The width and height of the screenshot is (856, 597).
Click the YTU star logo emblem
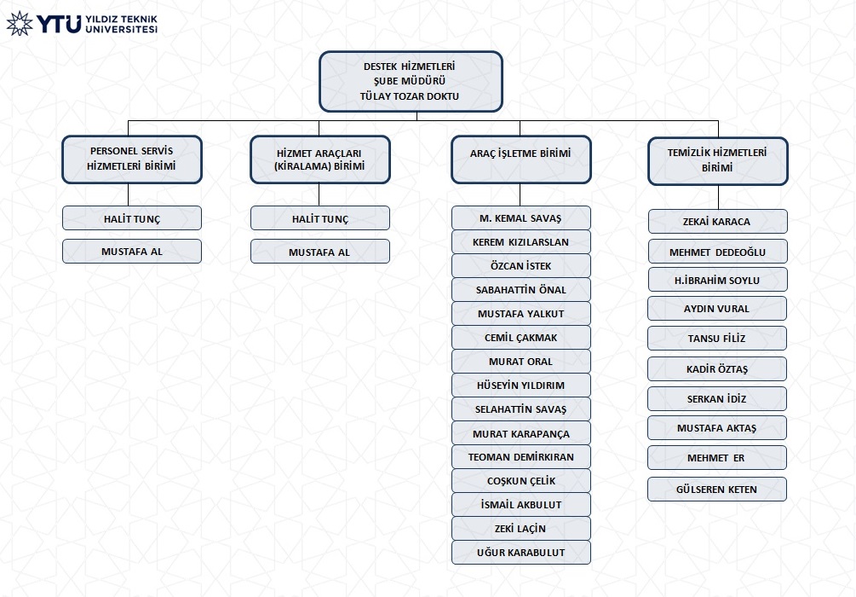(x=20, y=23)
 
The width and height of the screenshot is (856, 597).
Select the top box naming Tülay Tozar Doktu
(x=411, y=82)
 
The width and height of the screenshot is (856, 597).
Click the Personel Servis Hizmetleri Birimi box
(x=131, y=159)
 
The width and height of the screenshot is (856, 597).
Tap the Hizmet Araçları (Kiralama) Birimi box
(x=320, y=159)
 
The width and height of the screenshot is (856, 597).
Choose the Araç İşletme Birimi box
(x=520, y=159)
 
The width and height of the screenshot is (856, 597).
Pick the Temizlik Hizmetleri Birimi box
(x=717, y=160)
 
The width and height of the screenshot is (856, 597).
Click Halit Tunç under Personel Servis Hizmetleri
(x=131, y=218)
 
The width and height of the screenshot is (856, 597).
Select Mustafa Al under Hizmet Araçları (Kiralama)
(x=320, y=252)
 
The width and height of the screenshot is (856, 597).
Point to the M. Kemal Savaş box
(x=520, y=217)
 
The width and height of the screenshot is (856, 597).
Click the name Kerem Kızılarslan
(x=520, y=241)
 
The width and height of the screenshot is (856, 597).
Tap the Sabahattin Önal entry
(x=520, y=289)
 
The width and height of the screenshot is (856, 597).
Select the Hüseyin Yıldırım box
(x=520, y=385)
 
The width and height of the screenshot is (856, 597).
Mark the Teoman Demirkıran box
(x=520, y=456)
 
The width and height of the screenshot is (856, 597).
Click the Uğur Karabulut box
(x=520, y=552)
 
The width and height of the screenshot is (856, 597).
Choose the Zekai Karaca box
(x=717, y=222)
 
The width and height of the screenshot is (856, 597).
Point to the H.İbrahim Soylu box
(x=717, y=280)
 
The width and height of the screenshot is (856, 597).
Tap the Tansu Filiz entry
(x=717, y=338)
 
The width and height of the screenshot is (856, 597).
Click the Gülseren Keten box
(x=717, y=489)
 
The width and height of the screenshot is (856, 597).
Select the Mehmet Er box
(x=717, y=458)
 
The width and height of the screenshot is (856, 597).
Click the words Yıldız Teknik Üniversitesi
(x=121, y=24)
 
